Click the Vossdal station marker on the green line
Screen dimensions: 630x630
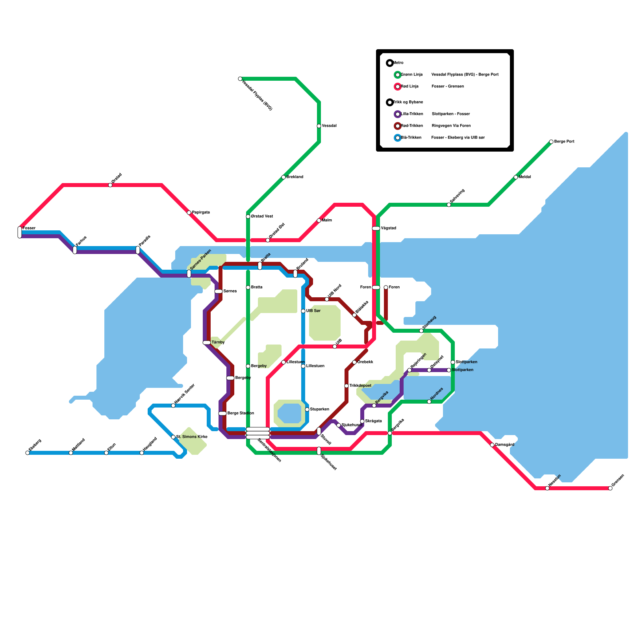319,126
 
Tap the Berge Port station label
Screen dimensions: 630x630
564,142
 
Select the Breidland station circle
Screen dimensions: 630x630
283,177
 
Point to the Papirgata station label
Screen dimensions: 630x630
201,213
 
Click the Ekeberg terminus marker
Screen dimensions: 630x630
28,453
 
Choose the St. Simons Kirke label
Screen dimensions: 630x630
192,437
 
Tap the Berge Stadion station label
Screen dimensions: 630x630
241,413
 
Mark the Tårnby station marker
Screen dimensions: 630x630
207,343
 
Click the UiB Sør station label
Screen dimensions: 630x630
313,311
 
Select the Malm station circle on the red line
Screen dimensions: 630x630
319,220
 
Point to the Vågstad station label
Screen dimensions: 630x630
389,228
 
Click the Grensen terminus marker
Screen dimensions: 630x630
610,488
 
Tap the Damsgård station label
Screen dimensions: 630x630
505,445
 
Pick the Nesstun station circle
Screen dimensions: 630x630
547,488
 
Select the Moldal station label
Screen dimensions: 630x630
525,177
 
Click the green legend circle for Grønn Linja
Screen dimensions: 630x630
398,75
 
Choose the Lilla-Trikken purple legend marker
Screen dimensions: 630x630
398,114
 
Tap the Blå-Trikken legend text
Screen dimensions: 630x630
411,138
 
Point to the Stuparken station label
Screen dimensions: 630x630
320,409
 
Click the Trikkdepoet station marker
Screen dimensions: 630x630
346,386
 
